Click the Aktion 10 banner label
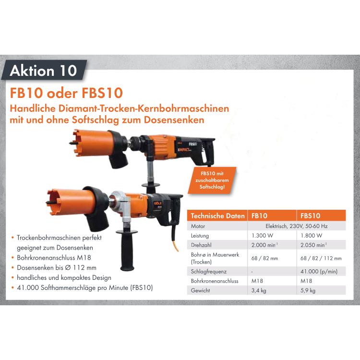pyautogui.click(x=43, y=71)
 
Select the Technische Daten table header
pyautogui.click(x=218, y=216)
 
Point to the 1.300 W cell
pyautogui.click(x=263, y=236)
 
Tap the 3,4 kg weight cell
pyautogui.click(x=259, y=290)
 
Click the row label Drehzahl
pyautogui.click(x=201, y=245)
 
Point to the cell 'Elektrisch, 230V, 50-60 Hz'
pyautogui.click(x=289, y=226)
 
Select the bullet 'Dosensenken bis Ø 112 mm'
pyautogui.click(x=56, y=268)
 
